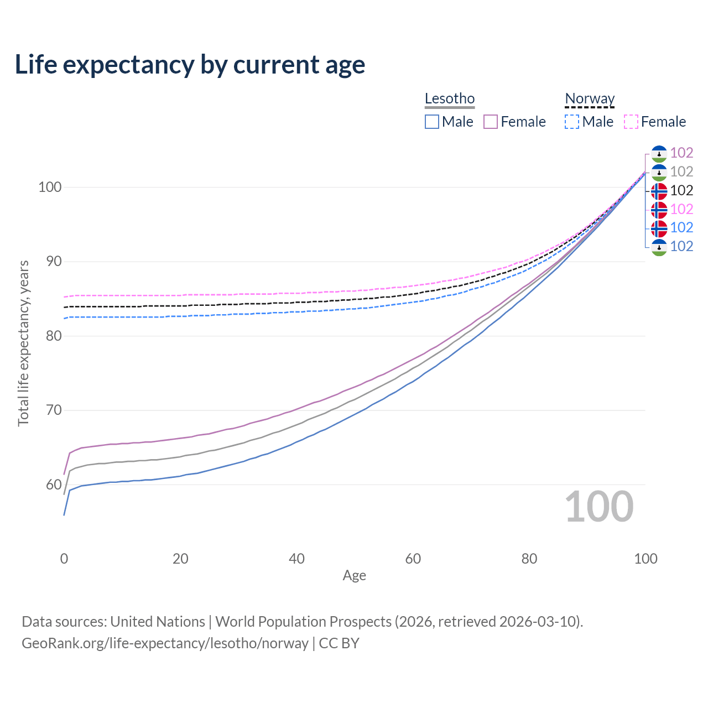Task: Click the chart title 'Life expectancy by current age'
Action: [x=190, y=65]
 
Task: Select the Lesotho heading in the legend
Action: [x=450, y=98]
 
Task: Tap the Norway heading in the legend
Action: [x=590, y=98]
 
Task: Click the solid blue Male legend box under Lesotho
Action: [x=432, y=122]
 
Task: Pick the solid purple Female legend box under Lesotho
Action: [x=491, y=122]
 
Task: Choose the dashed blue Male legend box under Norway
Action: [x=572, y=122]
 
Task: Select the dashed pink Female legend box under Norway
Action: [x=631, y=122]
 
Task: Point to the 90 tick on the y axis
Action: [x=54, y=262]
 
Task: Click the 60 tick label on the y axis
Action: [x=54, y=485]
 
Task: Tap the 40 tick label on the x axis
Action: [x=296, y=559]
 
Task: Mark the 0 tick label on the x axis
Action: [x=64, y=559]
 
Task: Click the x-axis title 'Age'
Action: [x=354, y=576]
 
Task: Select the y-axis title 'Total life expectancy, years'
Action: [x=23, y=343]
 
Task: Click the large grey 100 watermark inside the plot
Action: [x=599, y=507]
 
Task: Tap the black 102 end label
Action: [x=681, y=191]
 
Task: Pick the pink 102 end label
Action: [x=681, y=209]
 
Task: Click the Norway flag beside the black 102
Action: [x=659, y=191]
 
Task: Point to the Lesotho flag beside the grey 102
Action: [x=659, y=172]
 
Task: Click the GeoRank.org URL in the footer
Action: [x=165, y=643]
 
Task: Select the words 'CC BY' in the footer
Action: [x=339, y=643]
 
